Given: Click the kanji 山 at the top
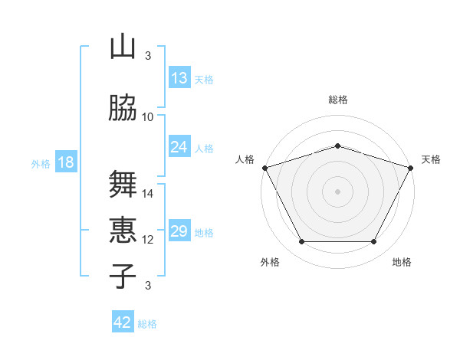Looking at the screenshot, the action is coord(123,46).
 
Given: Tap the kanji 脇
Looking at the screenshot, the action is coord(123,107).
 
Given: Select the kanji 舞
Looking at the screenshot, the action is coord(123,184).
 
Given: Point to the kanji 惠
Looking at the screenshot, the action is coord(123,230).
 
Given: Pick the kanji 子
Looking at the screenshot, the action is coord(123,276).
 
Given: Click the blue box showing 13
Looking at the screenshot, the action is coord(179,77).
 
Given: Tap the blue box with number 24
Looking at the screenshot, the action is coord(179,146).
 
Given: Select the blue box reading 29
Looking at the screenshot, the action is coord(179,230).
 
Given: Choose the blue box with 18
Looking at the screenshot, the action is coord(66,162).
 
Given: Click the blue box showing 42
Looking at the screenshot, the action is coord(123,321).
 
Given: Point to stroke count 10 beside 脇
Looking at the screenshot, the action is coord(147,117).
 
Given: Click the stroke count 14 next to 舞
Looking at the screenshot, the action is coord(147,194).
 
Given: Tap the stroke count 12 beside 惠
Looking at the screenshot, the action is coord(147,240).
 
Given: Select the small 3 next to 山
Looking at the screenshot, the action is coord(148,56).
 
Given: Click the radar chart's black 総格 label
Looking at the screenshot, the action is coord(338,100).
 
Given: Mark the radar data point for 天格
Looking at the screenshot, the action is coord(411,168).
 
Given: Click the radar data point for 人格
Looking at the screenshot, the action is coord(265,168).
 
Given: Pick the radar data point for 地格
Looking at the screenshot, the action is coord(374,241).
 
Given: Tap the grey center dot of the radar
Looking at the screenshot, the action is coord(337,191).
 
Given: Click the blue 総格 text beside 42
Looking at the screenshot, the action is coord(147,324).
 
